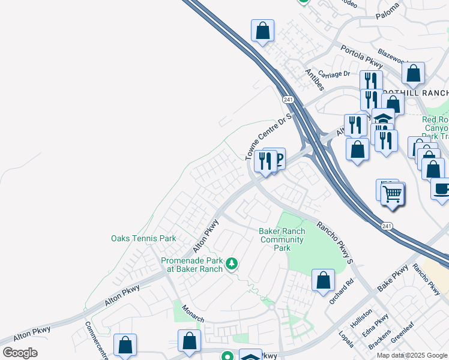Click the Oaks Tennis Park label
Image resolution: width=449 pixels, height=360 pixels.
point(143,239)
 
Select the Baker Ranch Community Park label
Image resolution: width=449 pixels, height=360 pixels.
point(282,239)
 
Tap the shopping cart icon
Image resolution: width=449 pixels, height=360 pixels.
point(393,194)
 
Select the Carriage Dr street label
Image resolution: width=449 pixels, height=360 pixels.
point(334,74)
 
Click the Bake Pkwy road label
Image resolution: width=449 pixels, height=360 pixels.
point(392,280)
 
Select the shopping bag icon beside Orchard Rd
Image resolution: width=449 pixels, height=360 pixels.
point(323,280)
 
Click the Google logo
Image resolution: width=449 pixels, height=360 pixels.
point(20,353)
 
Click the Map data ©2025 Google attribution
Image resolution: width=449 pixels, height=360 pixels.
point(412,355)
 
